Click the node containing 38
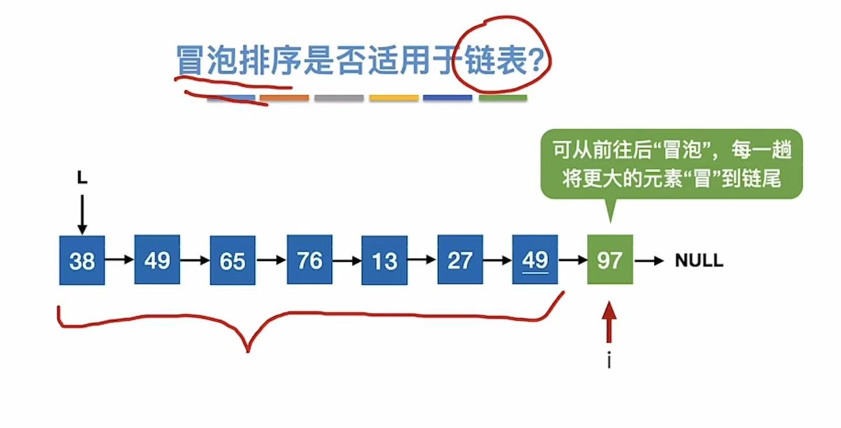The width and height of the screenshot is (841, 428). pos(82,260)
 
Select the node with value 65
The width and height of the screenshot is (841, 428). pos(232,260)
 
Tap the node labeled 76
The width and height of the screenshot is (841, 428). pos(309,260)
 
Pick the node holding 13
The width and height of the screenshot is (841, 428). pos(384,260)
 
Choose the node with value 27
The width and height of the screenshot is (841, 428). pos(460,260)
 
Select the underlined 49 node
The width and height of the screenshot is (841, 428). pos(535,260)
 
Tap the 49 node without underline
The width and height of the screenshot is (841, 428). pos(157,260)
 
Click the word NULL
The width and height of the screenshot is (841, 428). pos(699,260)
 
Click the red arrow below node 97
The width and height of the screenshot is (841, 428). pos(609,322)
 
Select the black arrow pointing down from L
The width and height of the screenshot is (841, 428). pos(82,214)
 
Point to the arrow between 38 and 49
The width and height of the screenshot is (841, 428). pos(119,260)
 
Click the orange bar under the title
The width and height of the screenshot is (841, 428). pos(284,98)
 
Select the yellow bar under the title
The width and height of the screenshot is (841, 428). pos(394,98)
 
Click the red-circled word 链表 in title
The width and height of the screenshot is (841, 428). pos(502,60)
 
